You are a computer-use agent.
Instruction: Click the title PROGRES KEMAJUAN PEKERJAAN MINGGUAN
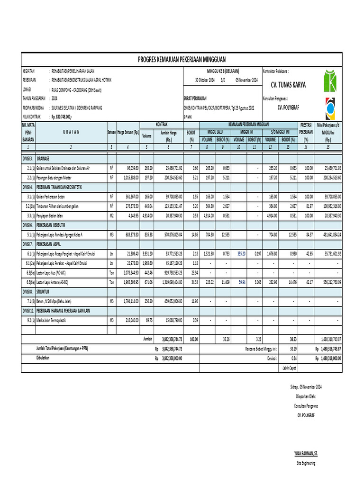tap(182, 59)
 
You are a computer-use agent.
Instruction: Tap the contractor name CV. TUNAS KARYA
tap(288, 85)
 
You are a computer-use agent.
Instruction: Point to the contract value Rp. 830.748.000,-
tap(61, 117)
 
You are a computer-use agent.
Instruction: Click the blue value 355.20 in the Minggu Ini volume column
tap(241, 253)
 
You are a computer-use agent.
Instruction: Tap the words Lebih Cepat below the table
tap(289, 368)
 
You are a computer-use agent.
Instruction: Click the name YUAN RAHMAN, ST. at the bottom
tap(305, 453)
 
